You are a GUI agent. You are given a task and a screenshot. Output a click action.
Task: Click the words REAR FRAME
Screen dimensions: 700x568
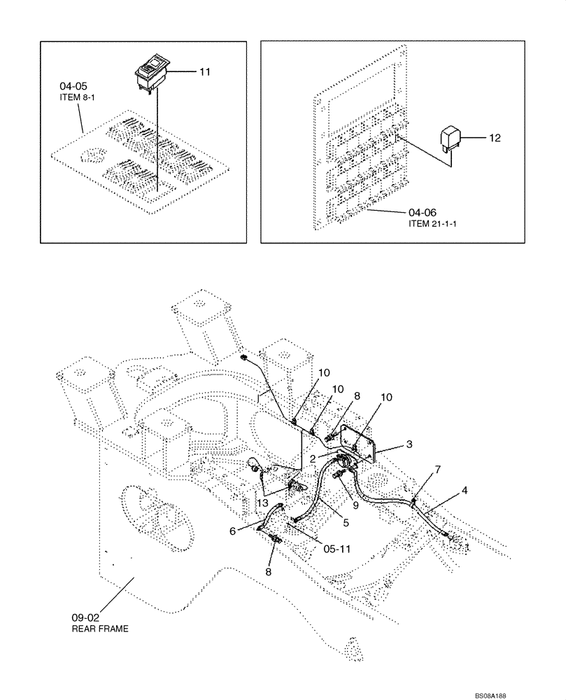(100, 629)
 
